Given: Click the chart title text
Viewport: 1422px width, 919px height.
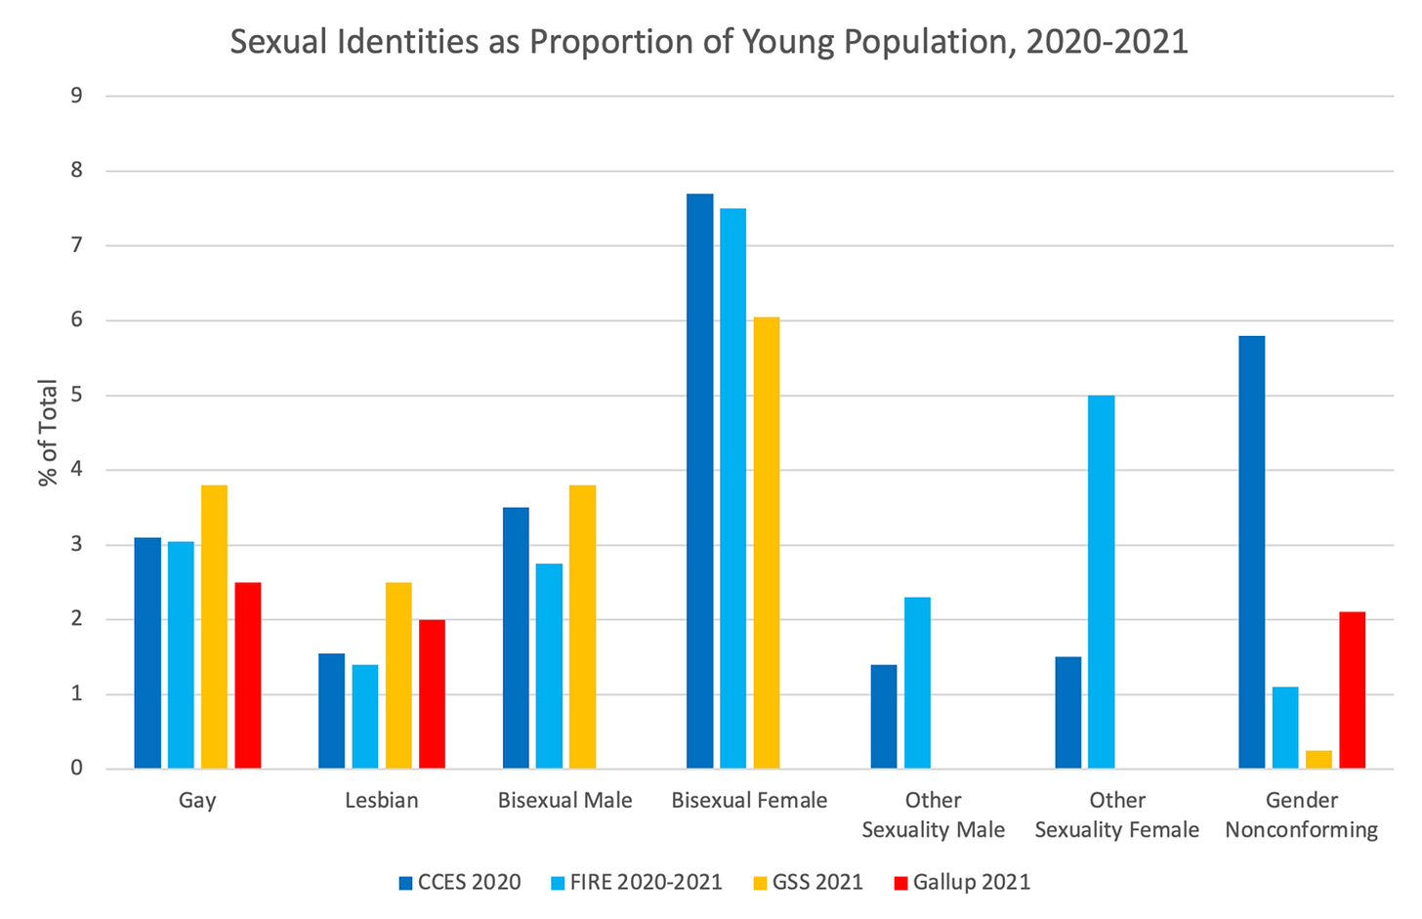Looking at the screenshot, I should (x=709, y=42).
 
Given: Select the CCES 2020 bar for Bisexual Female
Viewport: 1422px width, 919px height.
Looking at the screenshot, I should (x=699, y=480).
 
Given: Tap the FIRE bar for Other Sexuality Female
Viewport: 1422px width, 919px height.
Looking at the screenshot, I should (x=1102, y=582).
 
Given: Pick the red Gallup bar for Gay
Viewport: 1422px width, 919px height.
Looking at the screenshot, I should (x=248, y=675).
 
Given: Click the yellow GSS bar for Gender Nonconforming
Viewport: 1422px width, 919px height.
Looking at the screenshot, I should (x=1318, y=760).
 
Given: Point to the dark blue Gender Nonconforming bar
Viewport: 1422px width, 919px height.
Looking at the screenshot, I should (x=1252, y=552).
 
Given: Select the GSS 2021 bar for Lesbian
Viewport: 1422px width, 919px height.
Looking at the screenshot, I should (x=398, y=675).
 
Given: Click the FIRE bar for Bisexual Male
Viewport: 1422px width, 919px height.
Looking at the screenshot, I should (x=549, y=666).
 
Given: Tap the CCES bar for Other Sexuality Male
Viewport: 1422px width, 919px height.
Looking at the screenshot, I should (x=884, y=716).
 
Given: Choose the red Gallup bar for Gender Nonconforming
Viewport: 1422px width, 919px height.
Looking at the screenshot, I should (x=1352, y=689).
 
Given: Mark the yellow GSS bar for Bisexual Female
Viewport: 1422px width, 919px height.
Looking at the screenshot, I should (x=767, y=542).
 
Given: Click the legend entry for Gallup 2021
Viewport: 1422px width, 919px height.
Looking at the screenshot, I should (x=962, y=883).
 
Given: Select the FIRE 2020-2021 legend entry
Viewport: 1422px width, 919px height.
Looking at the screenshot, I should (x=636, y=883).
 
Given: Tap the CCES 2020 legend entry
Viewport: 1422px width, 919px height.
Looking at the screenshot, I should (x=460, y=883).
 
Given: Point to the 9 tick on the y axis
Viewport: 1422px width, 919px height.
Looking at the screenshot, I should (x=76, y=96).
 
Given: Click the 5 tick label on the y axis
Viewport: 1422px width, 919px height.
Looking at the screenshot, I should (x=76, y=396).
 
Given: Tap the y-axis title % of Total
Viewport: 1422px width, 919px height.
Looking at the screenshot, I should (x=48, y=433).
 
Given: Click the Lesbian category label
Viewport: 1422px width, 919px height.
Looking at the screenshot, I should (x=381, y=801).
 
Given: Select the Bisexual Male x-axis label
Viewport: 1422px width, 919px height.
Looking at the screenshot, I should (x=565, y=801).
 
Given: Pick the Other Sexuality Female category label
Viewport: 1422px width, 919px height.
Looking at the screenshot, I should (x=1116, y=815).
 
